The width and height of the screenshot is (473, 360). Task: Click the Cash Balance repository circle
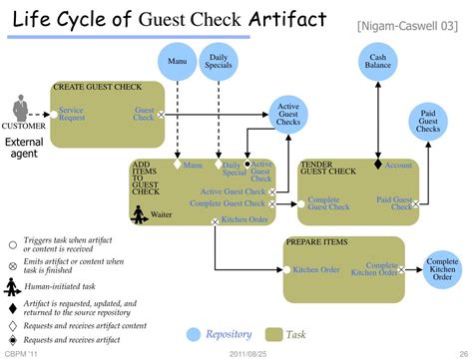coord(377,62)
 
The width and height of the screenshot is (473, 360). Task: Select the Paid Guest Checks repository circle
coord(427,124)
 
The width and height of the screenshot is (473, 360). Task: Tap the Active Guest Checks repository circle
coord(288,117)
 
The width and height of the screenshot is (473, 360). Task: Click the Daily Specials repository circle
coord(219,62)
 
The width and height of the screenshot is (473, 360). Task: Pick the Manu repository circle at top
coord(176,62)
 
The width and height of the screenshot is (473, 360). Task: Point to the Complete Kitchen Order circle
coord(441,268)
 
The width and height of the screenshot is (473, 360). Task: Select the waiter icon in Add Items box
coord(142,213)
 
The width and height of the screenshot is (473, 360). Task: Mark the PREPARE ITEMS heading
coord(316,242)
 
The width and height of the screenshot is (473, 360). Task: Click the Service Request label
coord(71,114)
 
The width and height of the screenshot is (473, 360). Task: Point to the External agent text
coord(25,149)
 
